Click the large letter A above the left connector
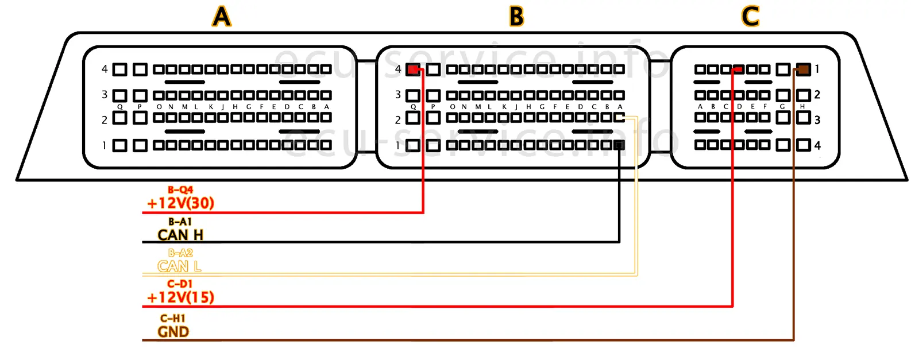pyautogui.click(x=222, y=17)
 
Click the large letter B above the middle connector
pyautogui.click(x=516, y=17)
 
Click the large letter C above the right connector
pyautogui.click(x=750, y=17)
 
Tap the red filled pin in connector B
pyautogui.click(x=412, y=69)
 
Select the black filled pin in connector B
pyautogui.click(x=619, y=145)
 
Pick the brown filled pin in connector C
pyautogui.click(x=803, y=69)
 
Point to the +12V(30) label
pyautogui.click(x=180, y=203)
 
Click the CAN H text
pyautogui.click(x=180, y=235)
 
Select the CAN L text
pyautogui.click(x=179, y=266)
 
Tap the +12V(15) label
pyautogui.click(x=180, y=297)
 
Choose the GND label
pyautogui.click(x=173, y=332)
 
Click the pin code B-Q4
pyautogui.click(x=180, y=189)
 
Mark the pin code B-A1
pyautogui.click(x=180, y=222)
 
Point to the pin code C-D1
pyautogui.click(x=179, y=284)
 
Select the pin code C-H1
pyautogui.click(x=173, y=318)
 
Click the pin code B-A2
pyautogui.click(x=180, y=253)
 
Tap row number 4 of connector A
pyautogui.click(x=105, y=69)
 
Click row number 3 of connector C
pyautogui.click(x=817, y=120)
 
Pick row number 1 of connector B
pyautogui.click(x=397, y=145)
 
